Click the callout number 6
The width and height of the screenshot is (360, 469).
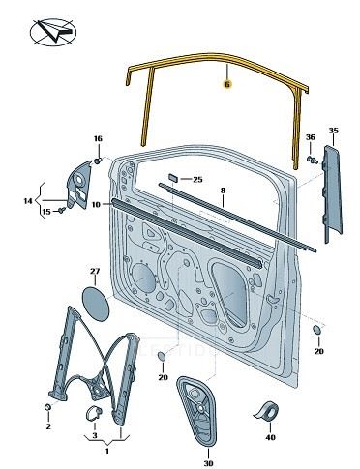coord(227,84)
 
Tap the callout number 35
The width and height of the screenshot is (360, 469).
coord(334,131)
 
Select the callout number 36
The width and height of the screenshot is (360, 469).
coord(311,137)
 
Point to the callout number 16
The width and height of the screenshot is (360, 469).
coord(98,138)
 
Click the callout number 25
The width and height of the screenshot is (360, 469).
coord(197,179)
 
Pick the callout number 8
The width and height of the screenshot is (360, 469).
coord(223,191)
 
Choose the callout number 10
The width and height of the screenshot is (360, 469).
coord(96,204)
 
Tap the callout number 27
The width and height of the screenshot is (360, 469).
coord(95,271)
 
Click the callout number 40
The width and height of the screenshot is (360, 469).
coord(271,437)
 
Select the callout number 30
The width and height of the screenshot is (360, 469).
coord(209,463)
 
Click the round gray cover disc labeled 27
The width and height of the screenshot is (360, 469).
coord(96,304)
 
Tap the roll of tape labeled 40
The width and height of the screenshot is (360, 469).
coord(267,411)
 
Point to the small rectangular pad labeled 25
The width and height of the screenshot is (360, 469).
coord(173,178)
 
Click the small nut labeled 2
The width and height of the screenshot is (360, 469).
coord(47,407)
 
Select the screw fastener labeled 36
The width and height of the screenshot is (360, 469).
coord(312,160)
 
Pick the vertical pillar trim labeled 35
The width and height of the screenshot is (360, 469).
coord(332,195)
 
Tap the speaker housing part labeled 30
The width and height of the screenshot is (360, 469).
coord(196,411)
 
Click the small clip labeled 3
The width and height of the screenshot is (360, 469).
coord(94,413)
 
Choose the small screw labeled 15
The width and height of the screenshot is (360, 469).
coord(62,210)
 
